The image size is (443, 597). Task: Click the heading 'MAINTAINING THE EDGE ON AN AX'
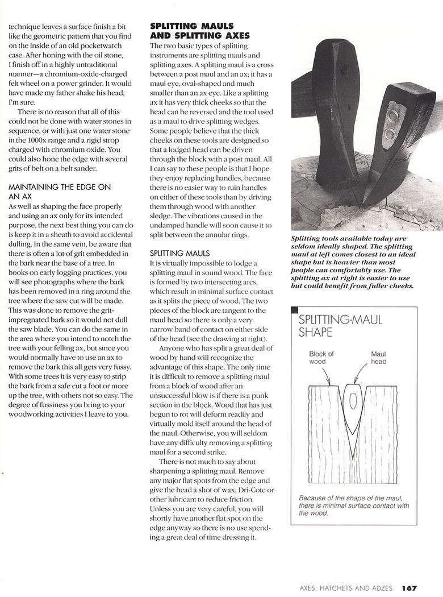pos(60,191)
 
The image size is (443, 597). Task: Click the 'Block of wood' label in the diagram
pos(321,358)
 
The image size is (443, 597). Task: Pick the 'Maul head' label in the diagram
pos(379,358)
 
